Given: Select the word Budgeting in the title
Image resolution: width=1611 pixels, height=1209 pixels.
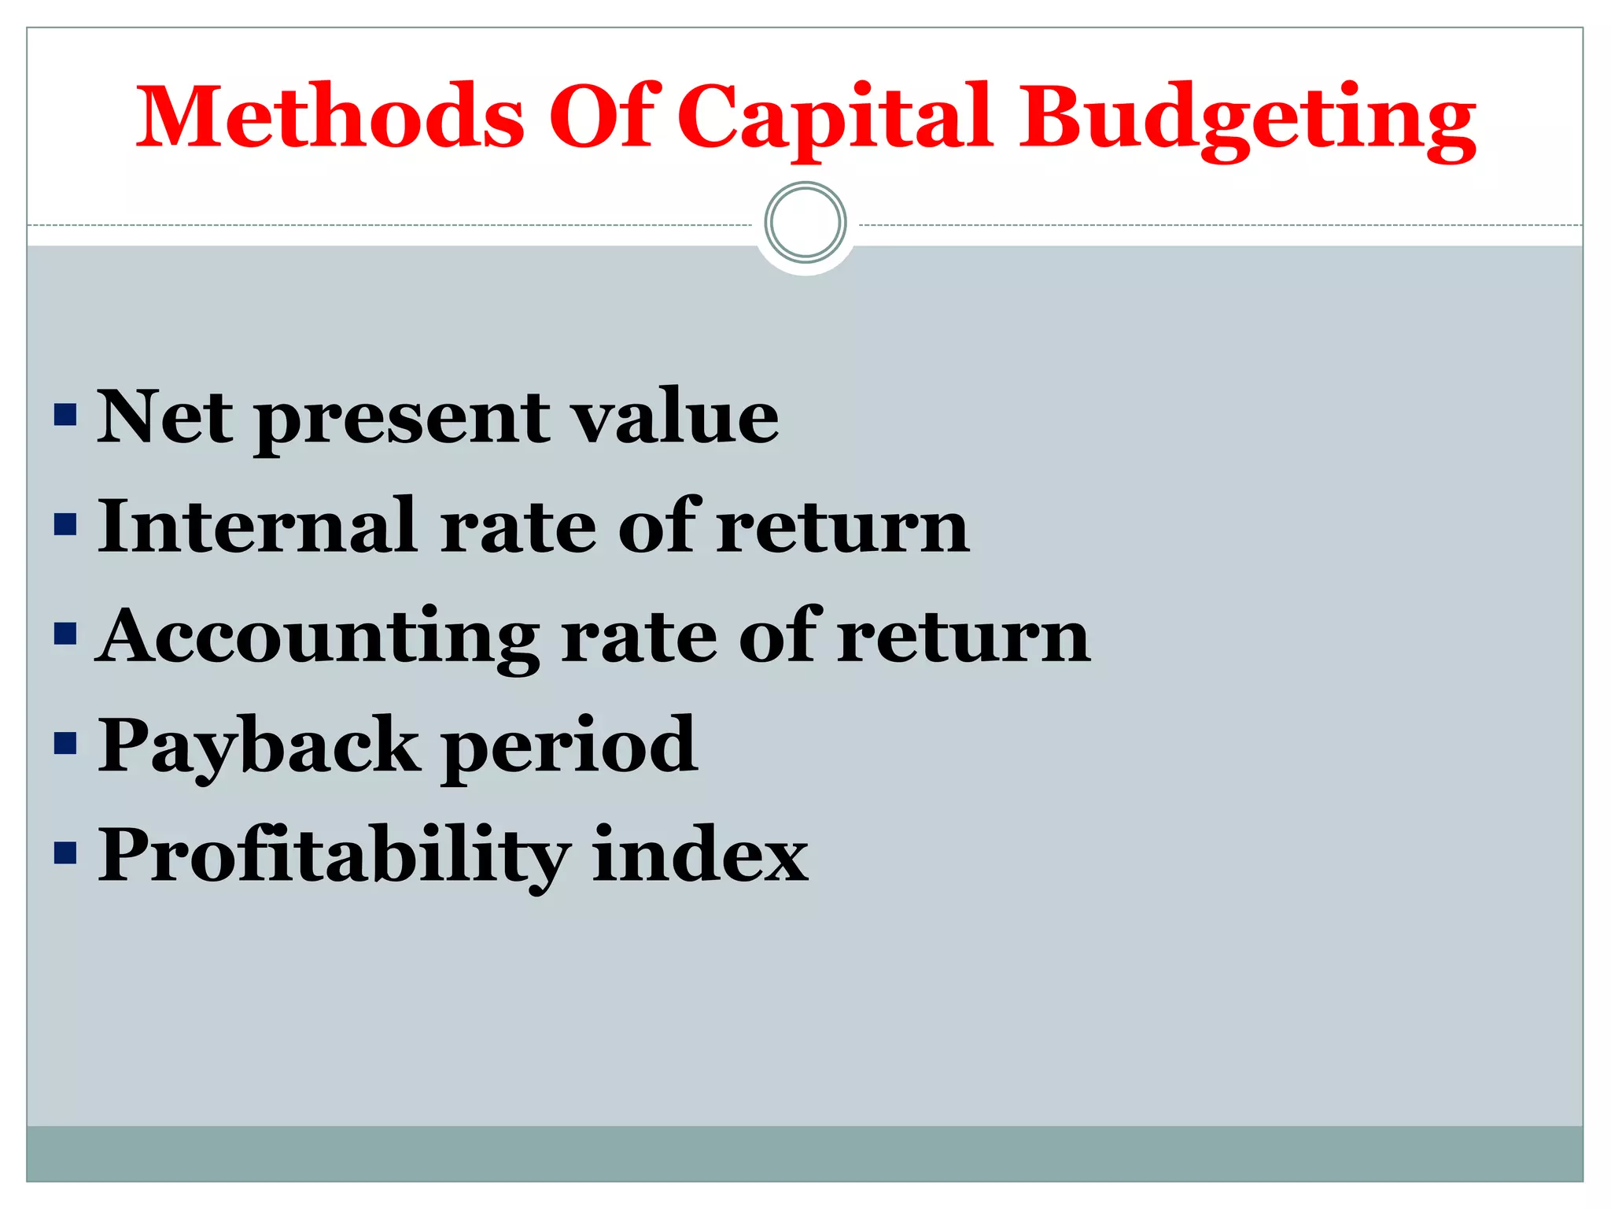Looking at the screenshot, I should click(x=1248, y=118).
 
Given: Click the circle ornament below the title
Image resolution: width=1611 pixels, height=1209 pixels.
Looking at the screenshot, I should click(x=805, y=223).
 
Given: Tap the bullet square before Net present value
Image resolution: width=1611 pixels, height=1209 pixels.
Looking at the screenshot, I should click(x=65, y=416).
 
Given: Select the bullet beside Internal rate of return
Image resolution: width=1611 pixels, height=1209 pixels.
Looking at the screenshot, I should click(x=65, y=525).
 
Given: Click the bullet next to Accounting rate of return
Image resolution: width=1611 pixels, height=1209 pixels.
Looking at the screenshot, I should click(x=65, y=634).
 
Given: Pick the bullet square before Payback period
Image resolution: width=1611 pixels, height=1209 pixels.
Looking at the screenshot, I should click(x=65, y=744).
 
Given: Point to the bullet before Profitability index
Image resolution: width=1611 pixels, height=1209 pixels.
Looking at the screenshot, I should click(x=65, y=853).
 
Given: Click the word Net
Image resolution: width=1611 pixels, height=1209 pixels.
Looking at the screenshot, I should click(x=165, y=417).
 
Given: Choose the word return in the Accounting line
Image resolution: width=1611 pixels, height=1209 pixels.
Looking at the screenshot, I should click(x=964, y=636).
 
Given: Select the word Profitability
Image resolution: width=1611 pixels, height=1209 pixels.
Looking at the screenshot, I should click(x=334, y=855).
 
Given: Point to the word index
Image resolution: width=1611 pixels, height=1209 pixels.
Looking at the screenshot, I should click(x=700, y=855).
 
